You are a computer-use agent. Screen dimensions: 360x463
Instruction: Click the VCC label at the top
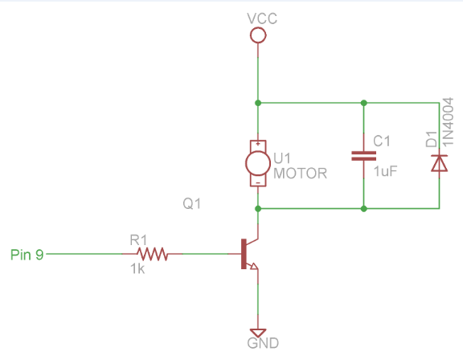[258, 18]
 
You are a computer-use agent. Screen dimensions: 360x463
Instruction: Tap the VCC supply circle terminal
[258, 35]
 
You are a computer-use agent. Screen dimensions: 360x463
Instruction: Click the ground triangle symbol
[258, 331]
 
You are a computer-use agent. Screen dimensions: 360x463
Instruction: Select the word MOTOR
[301, 172]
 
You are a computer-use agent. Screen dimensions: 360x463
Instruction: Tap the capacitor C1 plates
[364, 155]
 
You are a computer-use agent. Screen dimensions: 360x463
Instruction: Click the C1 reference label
[383, 141]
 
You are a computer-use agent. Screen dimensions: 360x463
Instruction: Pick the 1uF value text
[384, 170]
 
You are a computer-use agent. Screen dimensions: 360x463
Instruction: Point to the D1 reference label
[432, 140]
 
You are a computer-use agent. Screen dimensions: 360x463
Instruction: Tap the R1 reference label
[138, 239]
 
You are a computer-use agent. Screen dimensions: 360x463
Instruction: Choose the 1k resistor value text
[137, 271]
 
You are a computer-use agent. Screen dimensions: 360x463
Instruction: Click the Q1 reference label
[191, 205]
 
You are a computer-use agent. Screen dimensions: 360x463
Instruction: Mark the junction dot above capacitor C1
[364, 103]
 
